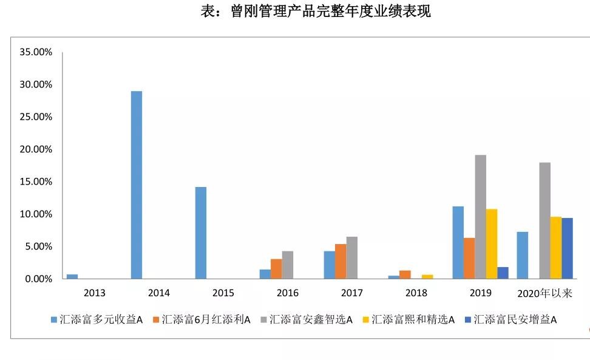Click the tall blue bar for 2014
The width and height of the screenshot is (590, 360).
pos(137,185)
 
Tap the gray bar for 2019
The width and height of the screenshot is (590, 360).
pos(480,217)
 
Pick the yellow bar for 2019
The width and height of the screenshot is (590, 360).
pos(492,243)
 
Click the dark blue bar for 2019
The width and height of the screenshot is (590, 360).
pos(503,273)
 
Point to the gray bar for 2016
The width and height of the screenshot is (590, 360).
pos(288,265)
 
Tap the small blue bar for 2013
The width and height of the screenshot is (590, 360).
pos(72,276)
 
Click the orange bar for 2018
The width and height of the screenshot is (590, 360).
pos(405,274)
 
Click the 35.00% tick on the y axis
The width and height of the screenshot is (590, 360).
pos(36,52)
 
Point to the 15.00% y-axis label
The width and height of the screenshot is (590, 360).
pos(36,182)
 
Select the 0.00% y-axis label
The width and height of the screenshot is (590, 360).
pos(38,279)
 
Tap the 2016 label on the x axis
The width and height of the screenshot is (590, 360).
pos(287,293)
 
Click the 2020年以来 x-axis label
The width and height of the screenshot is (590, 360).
pos(544,293)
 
